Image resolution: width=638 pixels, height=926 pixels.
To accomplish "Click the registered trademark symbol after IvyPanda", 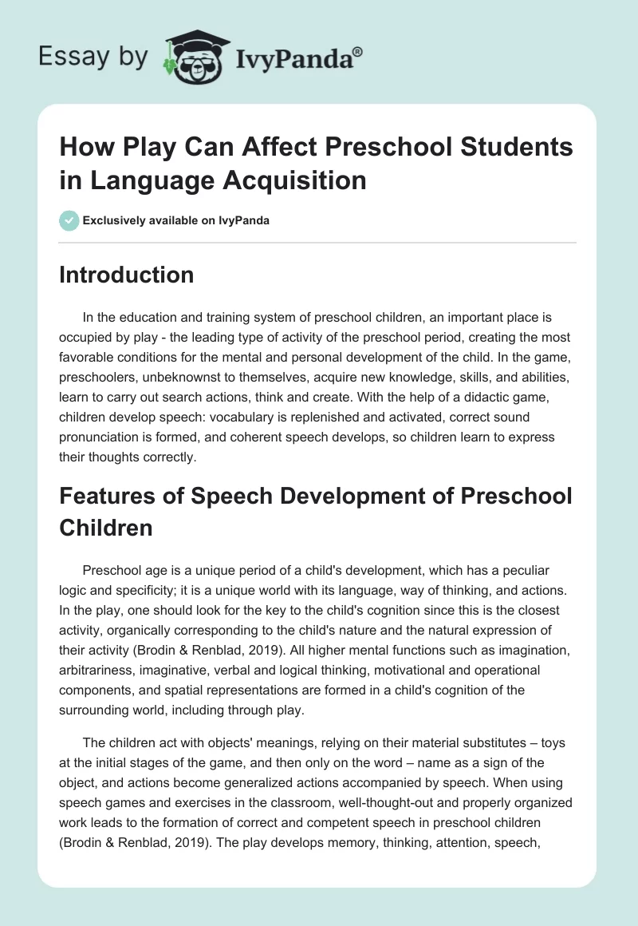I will tap(357, 51).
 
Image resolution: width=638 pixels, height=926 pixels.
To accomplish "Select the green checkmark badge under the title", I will tap(69, 220).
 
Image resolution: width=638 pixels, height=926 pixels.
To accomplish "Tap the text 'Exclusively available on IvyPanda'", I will tap(175, 220).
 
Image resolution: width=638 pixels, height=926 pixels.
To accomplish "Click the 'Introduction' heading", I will tap(126, 275).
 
